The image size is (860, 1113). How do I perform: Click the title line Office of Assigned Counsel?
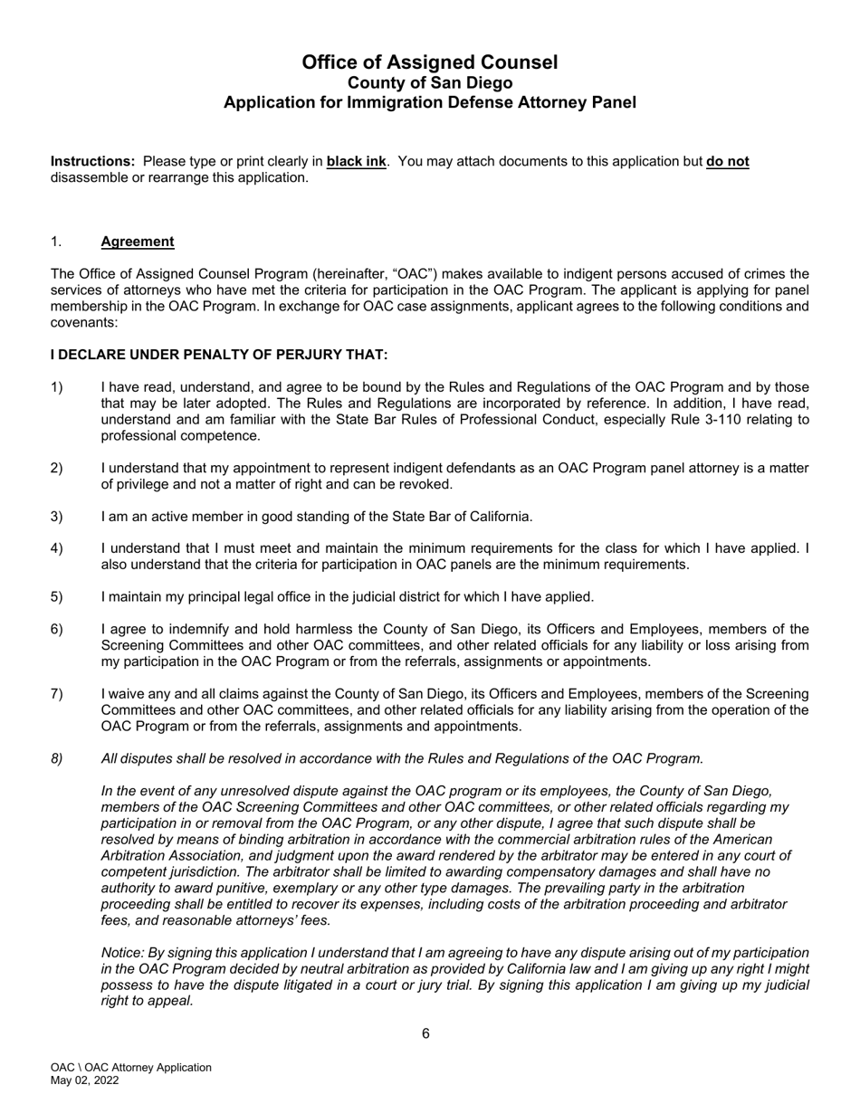[429, 62]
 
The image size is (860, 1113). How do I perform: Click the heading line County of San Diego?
[429, 83]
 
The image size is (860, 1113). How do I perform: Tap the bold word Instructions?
[92, 162]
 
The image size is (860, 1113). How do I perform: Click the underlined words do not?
[727, 162]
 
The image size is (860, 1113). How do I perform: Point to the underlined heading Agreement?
[138, 242]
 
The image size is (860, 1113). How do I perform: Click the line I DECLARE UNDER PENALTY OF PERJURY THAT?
[219, 355]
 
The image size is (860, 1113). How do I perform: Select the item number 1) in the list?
[57, 388]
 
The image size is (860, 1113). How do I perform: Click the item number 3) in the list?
[57, 517]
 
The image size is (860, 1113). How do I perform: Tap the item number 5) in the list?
[57, 597]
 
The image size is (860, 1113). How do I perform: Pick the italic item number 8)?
[57, 759]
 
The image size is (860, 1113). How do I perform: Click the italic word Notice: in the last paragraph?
[123, 953]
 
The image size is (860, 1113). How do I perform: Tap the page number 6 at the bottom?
[425, 1034]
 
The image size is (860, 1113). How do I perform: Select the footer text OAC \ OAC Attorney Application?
[130, 1068]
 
